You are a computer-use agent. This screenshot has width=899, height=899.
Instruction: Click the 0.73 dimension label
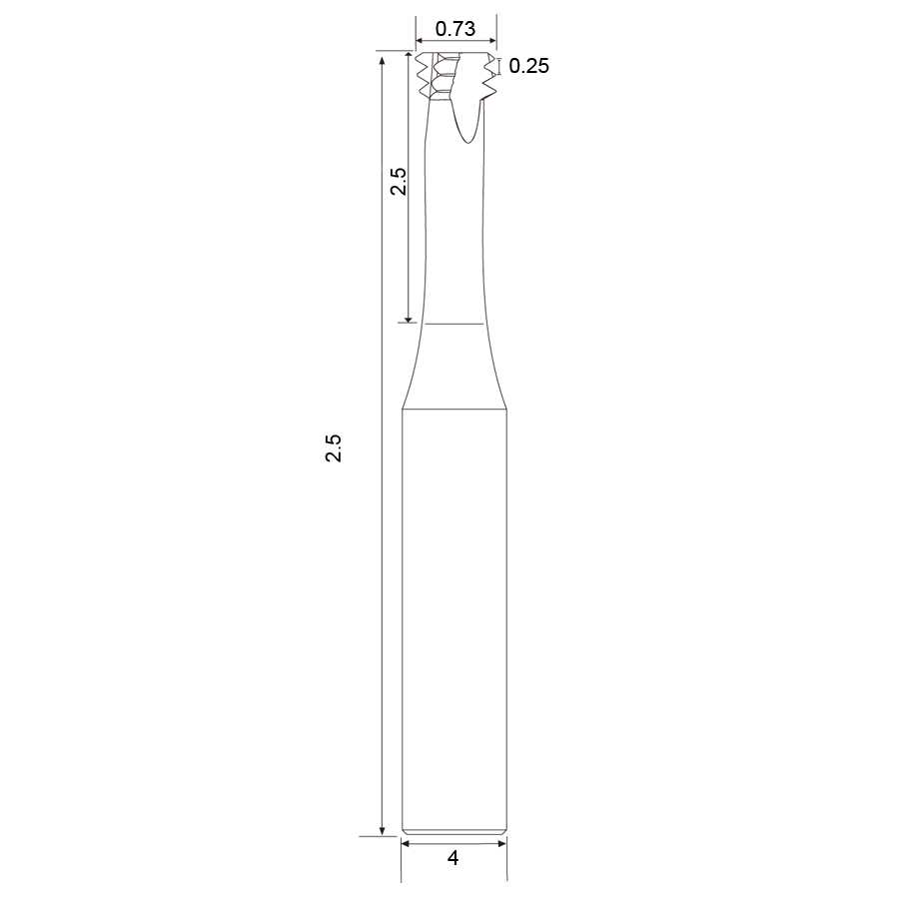(455, 29)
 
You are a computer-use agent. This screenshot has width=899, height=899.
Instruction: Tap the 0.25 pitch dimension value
(528, 66)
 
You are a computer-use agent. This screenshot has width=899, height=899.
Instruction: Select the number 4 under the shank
(452, 858)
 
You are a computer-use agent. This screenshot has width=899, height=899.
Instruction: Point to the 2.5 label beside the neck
(399, 181)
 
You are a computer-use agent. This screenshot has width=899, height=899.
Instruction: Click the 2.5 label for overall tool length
(334, 448)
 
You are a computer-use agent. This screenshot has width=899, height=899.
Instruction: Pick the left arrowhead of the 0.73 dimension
(420, 41)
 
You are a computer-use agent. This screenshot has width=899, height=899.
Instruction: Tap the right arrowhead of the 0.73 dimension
(491, 41)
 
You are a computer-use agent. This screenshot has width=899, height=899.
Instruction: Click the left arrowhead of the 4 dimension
(406, 843)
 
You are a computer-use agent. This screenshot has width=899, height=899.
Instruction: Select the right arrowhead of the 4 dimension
(502, 843)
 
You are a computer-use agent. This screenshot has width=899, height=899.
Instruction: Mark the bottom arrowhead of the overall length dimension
(382, 831)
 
